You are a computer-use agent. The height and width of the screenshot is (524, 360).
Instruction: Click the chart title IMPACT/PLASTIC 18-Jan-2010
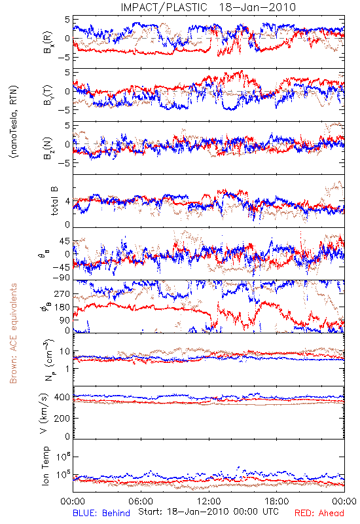[x=208, y=7]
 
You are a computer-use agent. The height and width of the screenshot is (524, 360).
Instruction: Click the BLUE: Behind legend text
[x=101, y=513]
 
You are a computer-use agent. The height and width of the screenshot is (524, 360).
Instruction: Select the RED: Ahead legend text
[x=319, y=513]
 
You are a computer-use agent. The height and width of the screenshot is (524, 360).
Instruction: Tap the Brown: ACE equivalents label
[x=13, y=333]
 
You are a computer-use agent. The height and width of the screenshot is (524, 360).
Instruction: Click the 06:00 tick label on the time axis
[x=141, y=501]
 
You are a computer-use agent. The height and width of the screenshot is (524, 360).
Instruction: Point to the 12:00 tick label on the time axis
[x=209, y=501]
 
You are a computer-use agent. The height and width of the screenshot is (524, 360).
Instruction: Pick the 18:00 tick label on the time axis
[x=276, y=501]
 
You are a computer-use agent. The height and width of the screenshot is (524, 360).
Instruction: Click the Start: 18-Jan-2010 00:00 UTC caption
[x=208, y=512]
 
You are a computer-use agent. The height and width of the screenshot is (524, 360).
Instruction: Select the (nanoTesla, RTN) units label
[x=14, y=122]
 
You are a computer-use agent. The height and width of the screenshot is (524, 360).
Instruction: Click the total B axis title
[x=54, y=201]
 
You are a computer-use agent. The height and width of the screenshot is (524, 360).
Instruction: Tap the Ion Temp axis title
[x=46, y=466]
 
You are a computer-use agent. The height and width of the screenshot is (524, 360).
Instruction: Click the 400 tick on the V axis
[x=62, y=397]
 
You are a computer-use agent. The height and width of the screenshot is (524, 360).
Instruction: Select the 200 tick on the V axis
[x=62, y=418]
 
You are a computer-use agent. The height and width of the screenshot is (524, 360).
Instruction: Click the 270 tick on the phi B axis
[x=62, y=293]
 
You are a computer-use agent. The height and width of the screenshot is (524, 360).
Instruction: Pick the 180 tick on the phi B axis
[x=62, y=307]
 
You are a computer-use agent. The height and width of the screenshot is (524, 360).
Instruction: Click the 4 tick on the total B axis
[x=67, y=202]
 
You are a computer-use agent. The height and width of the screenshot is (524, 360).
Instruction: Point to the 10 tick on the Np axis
[x=65, y=352]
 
